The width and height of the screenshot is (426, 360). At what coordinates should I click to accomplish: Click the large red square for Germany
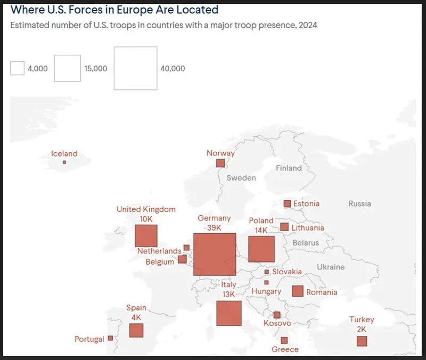(x=215, y=255)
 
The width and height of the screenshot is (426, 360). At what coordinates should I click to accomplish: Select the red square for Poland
(x=261, y=249)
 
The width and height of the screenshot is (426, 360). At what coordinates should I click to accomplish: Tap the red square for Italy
(x=229, y=313)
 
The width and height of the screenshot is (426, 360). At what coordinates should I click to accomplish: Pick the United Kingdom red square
(x=146, y=236)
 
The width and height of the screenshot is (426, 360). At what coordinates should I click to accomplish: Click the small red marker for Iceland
(x=64, y=162)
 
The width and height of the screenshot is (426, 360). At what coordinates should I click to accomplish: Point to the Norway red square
(x=220, y=163)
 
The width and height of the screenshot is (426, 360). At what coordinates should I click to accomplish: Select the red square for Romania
(x=298, y=291)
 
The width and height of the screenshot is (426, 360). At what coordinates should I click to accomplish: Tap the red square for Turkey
(x=362, y=341)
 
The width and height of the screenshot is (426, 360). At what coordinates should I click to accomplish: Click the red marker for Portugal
(x=110, y=338)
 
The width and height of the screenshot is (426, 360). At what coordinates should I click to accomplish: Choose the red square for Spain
(x=136, y=330)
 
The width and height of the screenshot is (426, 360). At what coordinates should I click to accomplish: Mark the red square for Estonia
(x=287, y=203)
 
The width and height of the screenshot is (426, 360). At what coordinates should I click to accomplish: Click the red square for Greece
(x=284, y=340)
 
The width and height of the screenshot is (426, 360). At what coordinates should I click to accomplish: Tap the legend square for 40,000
(x=135, y=68)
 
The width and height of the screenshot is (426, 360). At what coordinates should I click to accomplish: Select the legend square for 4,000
(x=18, y=68)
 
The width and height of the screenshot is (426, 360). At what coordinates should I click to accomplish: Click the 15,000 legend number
(x=96, y=69)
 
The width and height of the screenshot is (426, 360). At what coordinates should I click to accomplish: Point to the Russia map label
(x=360, y=203)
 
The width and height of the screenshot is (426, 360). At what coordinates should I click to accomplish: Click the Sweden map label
(x=241, y=178)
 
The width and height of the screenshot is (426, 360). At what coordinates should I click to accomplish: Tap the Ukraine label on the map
(x=331, y=267)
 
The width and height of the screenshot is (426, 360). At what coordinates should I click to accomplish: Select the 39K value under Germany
(x=214, y=228)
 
